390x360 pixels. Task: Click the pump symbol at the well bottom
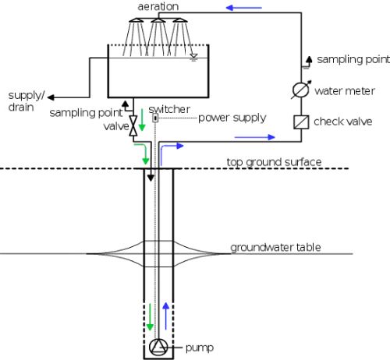158,347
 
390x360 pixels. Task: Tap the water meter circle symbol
301,90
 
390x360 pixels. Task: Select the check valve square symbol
301,122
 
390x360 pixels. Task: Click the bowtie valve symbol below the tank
133,125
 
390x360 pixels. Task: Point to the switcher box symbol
155,118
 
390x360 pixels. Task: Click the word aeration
158,6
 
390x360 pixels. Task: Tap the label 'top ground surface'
274,162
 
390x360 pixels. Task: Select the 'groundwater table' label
275,247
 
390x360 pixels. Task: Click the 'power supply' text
232,118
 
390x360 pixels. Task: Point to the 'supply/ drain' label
27,101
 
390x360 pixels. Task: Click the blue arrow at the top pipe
244,8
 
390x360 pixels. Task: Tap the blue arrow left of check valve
254,137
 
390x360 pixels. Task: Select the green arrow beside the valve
142,120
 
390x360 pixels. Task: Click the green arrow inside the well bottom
150,317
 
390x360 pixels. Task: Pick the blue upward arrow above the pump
165,316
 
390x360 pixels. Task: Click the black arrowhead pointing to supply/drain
51,97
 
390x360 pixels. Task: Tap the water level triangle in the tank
193,56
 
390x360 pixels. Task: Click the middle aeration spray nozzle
158,20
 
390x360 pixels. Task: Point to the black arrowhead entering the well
151,178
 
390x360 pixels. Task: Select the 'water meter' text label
345,91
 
